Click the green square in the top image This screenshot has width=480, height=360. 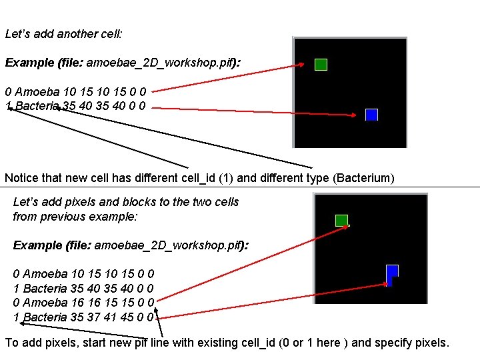point(321,65)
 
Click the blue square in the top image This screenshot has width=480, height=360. point(371,115)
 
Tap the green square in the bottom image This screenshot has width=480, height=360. point(341,221)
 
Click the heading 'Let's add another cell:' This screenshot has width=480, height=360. point(54,33)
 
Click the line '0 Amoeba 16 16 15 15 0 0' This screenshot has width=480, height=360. point(84,303)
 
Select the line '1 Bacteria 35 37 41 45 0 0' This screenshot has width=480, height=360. point(84,317)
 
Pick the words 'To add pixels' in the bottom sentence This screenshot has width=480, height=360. point(38,343)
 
